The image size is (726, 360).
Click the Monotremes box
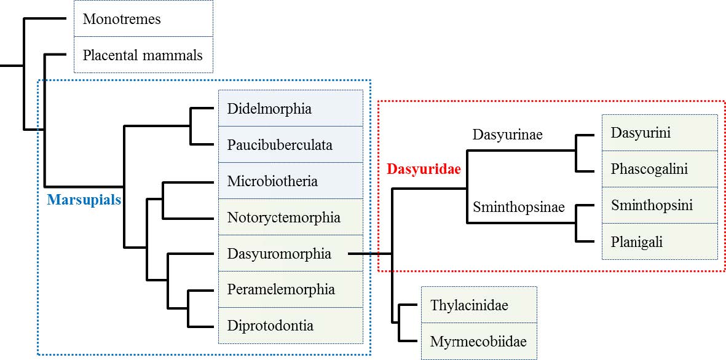point(143,19)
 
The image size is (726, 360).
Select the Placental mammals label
point(143,55)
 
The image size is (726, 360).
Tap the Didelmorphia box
point(290,109)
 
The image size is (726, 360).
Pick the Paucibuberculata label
point(280,145)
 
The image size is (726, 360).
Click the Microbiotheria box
point(290,181)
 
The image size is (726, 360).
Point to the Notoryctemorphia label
point(283,217)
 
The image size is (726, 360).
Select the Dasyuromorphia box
point(290,254)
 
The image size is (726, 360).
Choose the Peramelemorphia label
point(281,289)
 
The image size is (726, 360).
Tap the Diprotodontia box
point(290,326)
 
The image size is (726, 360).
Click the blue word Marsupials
point(84,200)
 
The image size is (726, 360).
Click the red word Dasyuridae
point(424,170)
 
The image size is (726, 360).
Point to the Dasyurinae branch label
point(507,135)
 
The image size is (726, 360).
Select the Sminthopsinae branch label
point(518,207)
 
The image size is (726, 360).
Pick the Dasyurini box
point(660,133)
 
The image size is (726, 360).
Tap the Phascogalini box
point(660,169)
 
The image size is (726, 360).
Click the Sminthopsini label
point(652,205)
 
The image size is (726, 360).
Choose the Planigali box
point(660,241)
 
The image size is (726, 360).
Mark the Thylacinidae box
point(478,305)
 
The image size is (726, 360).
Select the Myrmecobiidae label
point(478,341)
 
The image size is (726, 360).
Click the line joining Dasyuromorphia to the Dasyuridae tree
point(369,253)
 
